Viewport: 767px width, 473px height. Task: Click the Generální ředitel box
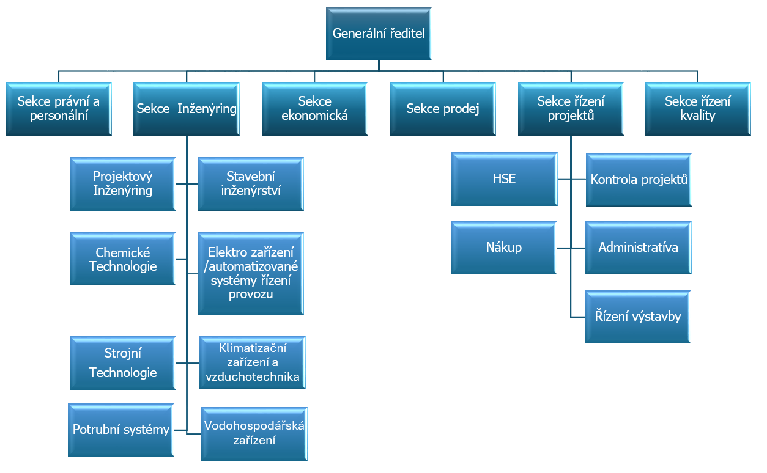point(379,34)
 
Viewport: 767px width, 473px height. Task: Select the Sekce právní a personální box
point(59,109)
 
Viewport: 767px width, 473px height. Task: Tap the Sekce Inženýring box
point(187,109)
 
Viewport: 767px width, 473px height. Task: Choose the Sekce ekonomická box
point(314,109)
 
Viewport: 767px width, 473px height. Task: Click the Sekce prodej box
point(442,109)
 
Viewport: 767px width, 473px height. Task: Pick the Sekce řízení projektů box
point(571,109)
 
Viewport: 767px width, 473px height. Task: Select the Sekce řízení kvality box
point(697,109)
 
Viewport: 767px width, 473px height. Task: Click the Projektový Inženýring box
point(122,184)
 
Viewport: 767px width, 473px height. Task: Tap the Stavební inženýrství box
point(251,184)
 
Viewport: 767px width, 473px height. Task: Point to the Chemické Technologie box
point(122,259)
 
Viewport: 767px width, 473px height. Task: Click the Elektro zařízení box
point(251,273)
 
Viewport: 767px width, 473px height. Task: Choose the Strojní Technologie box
point(122,363)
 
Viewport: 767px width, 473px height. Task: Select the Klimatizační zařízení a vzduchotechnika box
point(253,362)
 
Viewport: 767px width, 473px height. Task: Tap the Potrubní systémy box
point(121,430)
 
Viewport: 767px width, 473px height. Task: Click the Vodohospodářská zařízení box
point(254,434)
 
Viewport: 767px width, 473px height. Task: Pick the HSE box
point(505,179)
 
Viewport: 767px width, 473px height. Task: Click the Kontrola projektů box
point(639,180)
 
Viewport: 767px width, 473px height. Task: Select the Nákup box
point(503,248)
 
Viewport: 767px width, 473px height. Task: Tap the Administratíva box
point(639,248)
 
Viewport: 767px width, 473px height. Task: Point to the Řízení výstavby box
point(637,317)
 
